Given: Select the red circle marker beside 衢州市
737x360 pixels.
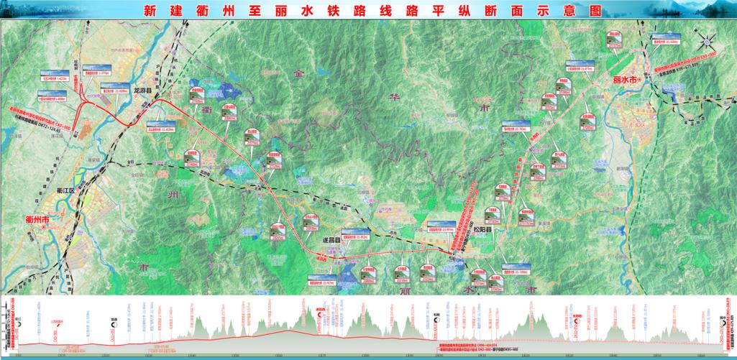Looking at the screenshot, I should coord(44,227).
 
